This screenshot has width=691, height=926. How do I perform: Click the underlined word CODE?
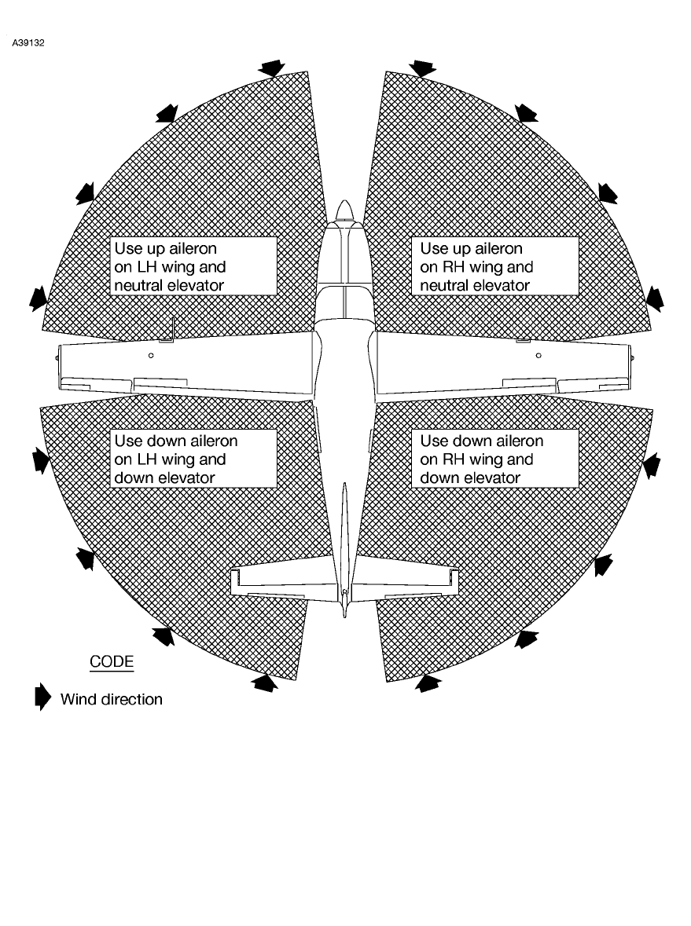click(x=112, y=661)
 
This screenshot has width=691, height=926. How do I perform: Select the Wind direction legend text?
click(x=112, y=699)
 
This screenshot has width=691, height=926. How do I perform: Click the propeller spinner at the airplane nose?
click(x=344, y=210)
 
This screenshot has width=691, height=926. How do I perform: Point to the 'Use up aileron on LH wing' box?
click(x=193, y=266)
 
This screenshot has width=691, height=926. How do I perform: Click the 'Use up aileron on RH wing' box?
click(x=494, y=266)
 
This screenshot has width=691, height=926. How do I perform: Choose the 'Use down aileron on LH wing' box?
click(x=193, y=459)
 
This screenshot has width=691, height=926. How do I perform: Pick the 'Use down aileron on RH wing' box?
click(x=494, y=459)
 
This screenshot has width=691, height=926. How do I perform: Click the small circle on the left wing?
click(x=151, y=356)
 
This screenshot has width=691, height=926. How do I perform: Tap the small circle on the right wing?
click(x=538, y=356)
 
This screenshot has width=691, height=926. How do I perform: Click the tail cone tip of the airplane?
click(x=344, y=610)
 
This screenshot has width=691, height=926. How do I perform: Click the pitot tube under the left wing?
click(x=173, y=326)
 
